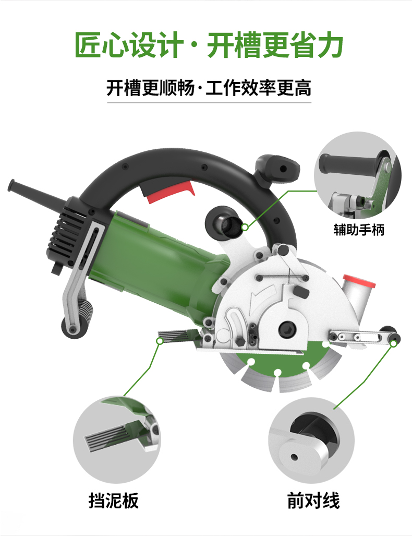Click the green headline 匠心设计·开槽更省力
[209, 45]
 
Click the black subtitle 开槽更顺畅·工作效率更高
[209, 88]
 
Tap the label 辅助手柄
[359, 229]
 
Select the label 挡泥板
[113, 501]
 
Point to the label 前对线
[313, 501]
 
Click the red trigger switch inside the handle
[170, 192]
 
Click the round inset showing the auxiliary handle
[358, 175]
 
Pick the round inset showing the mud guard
[116, 439]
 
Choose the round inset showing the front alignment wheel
[311, 440]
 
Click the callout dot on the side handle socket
[245, 227]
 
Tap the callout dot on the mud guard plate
[160, 341]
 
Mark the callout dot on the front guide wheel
[394, 343]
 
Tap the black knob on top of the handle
[277, 168]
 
